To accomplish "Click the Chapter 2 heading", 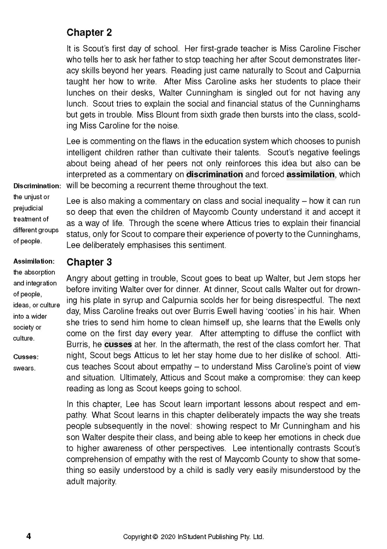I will coord(89,33).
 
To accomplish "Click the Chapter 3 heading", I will coord(89,262).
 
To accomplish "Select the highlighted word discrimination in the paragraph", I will coord(214,175).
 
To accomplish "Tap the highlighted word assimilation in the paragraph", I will coord(310,175).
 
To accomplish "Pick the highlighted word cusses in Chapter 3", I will coord(118,345).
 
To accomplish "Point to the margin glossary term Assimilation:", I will coord(34,261).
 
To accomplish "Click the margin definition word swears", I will coord(24,368).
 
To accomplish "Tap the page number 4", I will coord(29,536).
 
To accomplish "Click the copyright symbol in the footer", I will coord(156,537).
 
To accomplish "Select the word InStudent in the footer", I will coord(192,537).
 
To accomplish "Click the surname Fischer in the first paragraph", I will coord(347,49).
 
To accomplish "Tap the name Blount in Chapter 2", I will coord(165,115).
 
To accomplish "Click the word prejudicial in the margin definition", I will coord(28,208).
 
